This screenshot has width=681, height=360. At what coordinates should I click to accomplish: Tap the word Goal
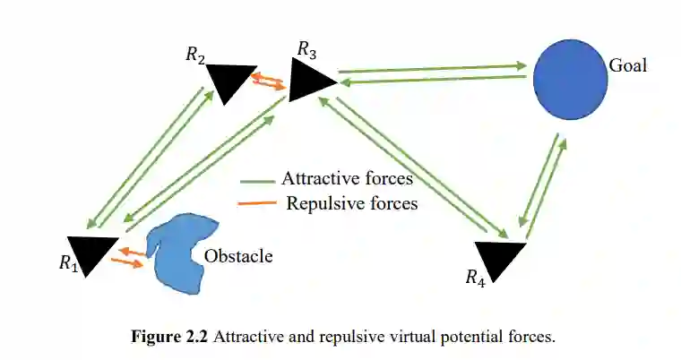coord(627,65)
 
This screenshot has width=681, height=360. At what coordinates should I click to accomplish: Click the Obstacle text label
coord(238,257)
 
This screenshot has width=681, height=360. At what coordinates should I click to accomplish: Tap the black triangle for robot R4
coord(501,259)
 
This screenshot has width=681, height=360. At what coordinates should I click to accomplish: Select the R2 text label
coord(196,55)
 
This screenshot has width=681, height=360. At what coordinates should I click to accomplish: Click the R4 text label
coord(476,278)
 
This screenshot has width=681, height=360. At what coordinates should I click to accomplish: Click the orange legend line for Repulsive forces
coord(258,204)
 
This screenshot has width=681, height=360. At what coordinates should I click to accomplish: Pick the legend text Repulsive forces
coord(352,203)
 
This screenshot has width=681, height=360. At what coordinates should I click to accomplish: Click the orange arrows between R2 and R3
coord(268,81)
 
